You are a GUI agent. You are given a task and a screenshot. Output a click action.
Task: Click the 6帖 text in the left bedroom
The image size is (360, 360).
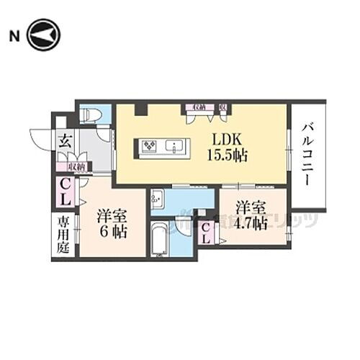click(112, 232)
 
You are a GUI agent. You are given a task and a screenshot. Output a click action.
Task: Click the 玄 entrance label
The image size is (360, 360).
click(64, 141)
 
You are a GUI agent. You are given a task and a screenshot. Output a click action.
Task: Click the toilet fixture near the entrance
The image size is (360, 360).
click(91, 114)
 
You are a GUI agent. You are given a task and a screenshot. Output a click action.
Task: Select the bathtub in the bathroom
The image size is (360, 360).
click(161, 240)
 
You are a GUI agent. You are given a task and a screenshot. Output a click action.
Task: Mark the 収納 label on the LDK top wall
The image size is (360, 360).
click(194, 107)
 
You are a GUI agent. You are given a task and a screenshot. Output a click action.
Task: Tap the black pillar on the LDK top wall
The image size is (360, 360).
click(142, 109)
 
